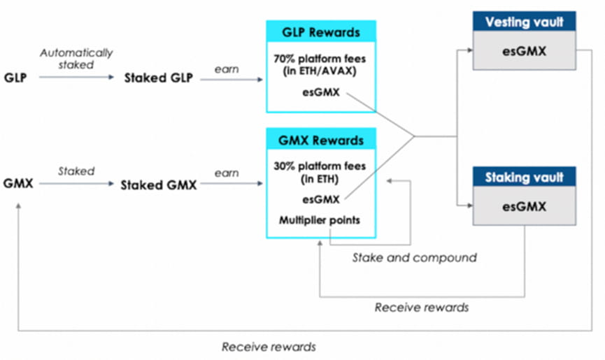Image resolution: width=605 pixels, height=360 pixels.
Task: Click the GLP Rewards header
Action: (320, 31)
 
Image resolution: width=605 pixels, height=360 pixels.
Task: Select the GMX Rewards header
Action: (320, 140)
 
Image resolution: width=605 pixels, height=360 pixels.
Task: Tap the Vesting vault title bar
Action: (525, 22)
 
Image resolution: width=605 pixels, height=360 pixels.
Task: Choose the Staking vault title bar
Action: (525, 178)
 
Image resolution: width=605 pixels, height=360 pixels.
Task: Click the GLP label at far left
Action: (15, 78)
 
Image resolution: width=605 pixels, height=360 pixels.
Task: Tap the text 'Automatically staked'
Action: (76, 58)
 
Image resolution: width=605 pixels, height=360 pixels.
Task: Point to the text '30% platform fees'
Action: (321, 166)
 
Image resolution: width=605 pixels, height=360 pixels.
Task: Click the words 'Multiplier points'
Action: (321, 220)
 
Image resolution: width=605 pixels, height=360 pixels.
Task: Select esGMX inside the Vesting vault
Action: (524, 50)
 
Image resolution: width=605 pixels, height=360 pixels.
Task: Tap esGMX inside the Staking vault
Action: (524, 207)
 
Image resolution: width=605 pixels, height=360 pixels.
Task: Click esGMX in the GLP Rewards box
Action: (322, 92)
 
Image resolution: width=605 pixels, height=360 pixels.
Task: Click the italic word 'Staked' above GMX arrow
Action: (76, 171)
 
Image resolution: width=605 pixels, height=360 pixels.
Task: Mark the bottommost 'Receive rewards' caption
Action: (269, 346)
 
